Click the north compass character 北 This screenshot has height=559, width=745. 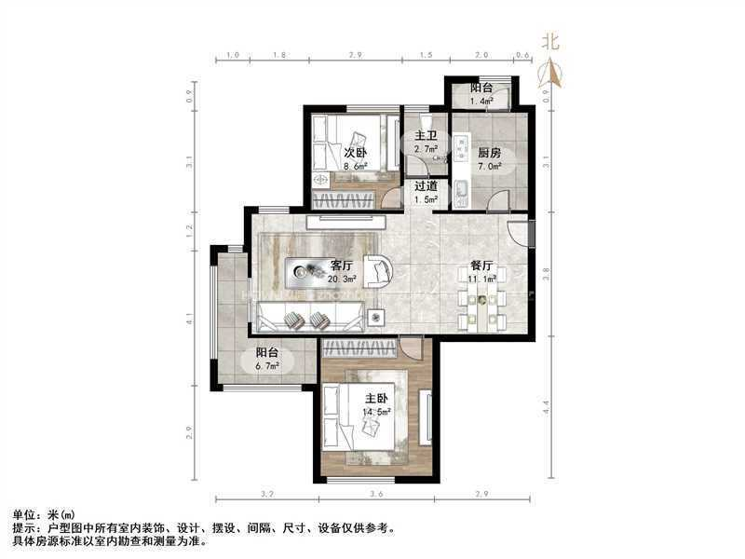tap(551, 41)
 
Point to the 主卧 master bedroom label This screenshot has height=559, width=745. tap(376, 397)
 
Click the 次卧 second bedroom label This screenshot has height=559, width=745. tap(355, 153)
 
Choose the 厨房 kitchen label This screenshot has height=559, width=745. tap(490, 153)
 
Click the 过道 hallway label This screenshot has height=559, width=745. tap(426, 185)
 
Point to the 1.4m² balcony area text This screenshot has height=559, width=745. tap(481, 101)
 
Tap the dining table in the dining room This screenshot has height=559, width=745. tap(481, 299)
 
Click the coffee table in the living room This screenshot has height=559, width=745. tap(306, 272)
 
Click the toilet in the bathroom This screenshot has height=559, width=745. tap(426, 121)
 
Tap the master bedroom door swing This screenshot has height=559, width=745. tap(410, 349)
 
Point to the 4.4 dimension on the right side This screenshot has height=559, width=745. tap(549, 406)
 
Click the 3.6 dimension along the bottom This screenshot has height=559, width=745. tap(376, 493)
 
